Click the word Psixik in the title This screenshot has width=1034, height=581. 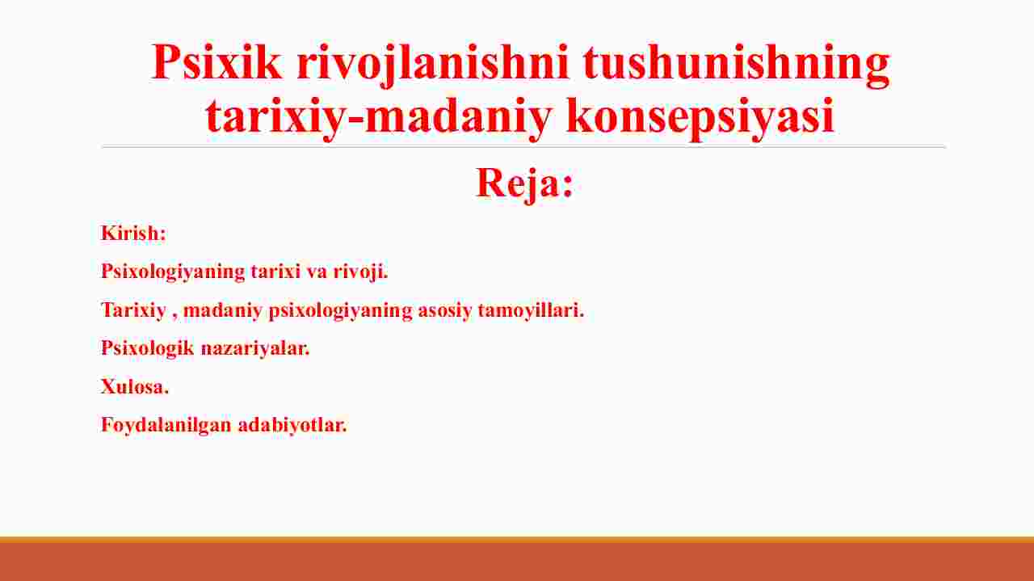pos(216,63)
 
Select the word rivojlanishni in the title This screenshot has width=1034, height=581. pos(433,65)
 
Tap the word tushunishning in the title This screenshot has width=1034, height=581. pos(736,65)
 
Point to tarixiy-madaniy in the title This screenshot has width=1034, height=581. pos(379,117)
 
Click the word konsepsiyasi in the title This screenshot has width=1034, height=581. pos(700,117)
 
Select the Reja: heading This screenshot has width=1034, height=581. pos(524,183)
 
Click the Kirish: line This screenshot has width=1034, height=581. pos(133,233)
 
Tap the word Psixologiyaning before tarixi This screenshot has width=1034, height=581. pos(173,272)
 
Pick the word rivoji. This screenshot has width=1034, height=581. pos(360,272)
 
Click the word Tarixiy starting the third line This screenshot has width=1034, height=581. pos(133,311)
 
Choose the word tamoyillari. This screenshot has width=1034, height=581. pos(531,310)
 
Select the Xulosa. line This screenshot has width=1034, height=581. pos(135,386)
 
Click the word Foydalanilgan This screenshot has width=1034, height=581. pos(166,425)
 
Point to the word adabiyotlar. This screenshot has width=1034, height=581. pos(292,425)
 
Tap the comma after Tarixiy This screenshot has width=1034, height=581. pos(174,318)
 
